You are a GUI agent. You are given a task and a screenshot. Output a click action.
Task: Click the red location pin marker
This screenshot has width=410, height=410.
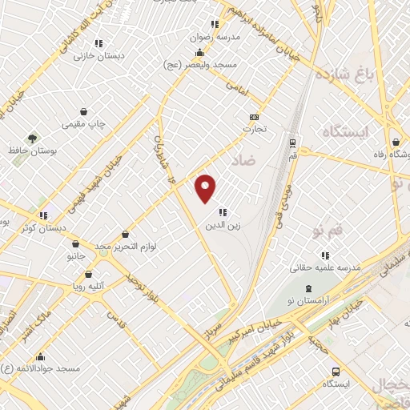(206, 188)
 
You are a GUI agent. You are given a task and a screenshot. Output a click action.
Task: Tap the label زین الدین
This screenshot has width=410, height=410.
(222, 226)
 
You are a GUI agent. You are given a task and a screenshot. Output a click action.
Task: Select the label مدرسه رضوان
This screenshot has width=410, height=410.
(214, 37)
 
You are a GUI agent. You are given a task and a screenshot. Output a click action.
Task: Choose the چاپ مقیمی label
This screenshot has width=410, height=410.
(84, 124)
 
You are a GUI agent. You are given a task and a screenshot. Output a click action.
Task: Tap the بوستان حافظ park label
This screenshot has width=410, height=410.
(32, 150)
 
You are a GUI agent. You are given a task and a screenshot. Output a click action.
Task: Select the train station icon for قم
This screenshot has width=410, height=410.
(292, 143)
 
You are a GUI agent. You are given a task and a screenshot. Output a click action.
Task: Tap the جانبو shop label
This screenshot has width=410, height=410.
(75, 256)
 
